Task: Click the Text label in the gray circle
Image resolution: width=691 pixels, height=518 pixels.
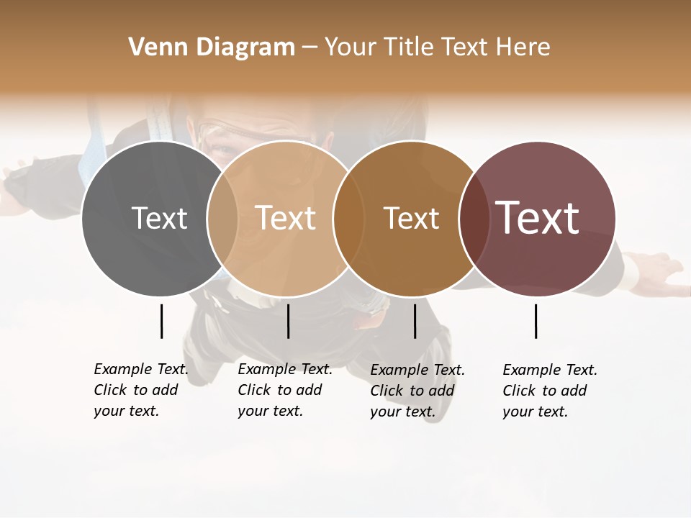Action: (159, 219)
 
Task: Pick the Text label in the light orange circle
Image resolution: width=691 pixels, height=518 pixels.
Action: (286, 219)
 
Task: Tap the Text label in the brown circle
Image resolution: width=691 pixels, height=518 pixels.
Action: (411, 219)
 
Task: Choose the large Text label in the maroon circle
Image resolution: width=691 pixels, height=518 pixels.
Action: (537, 218)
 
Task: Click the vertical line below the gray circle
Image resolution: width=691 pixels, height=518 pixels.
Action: (162, 321)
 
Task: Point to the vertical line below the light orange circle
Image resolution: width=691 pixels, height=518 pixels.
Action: (288, 321)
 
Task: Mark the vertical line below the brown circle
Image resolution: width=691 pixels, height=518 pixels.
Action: (415, 321)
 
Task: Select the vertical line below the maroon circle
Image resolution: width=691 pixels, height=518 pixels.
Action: (536, 321)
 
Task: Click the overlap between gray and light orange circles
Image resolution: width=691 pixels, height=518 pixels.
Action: (222, 219)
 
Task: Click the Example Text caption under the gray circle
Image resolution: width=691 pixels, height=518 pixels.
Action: (140, 390)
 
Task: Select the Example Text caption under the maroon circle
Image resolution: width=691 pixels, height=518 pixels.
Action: (549, 391)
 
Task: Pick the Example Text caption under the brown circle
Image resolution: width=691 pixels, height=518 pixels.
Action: (417, 391)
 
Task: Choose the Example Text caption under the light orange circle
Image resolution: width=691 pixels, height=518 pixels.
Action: (284, 390)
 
